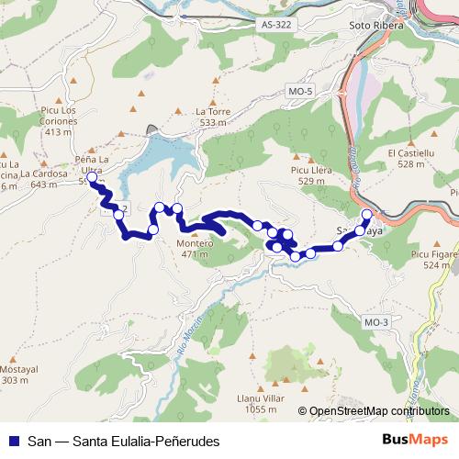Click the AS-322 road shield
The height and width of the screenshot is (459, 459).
coord(276,26)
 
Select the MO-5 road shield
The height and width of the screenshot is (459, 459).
coord(299,92)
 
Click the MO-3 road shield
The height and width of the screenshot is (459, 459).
coord(376,321)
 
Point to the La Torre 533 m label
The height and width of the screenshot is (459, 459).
coord(211,117)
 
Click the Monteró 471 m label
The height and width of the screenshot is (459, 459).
coord(196,249)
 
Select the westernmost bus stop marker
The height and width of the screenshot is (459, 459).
coord(92,177)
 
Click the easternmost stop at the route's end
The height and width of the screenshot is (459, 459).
coord(367,215)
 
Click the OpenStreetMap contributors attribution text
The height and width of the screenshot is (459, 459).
coord(378,411)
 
